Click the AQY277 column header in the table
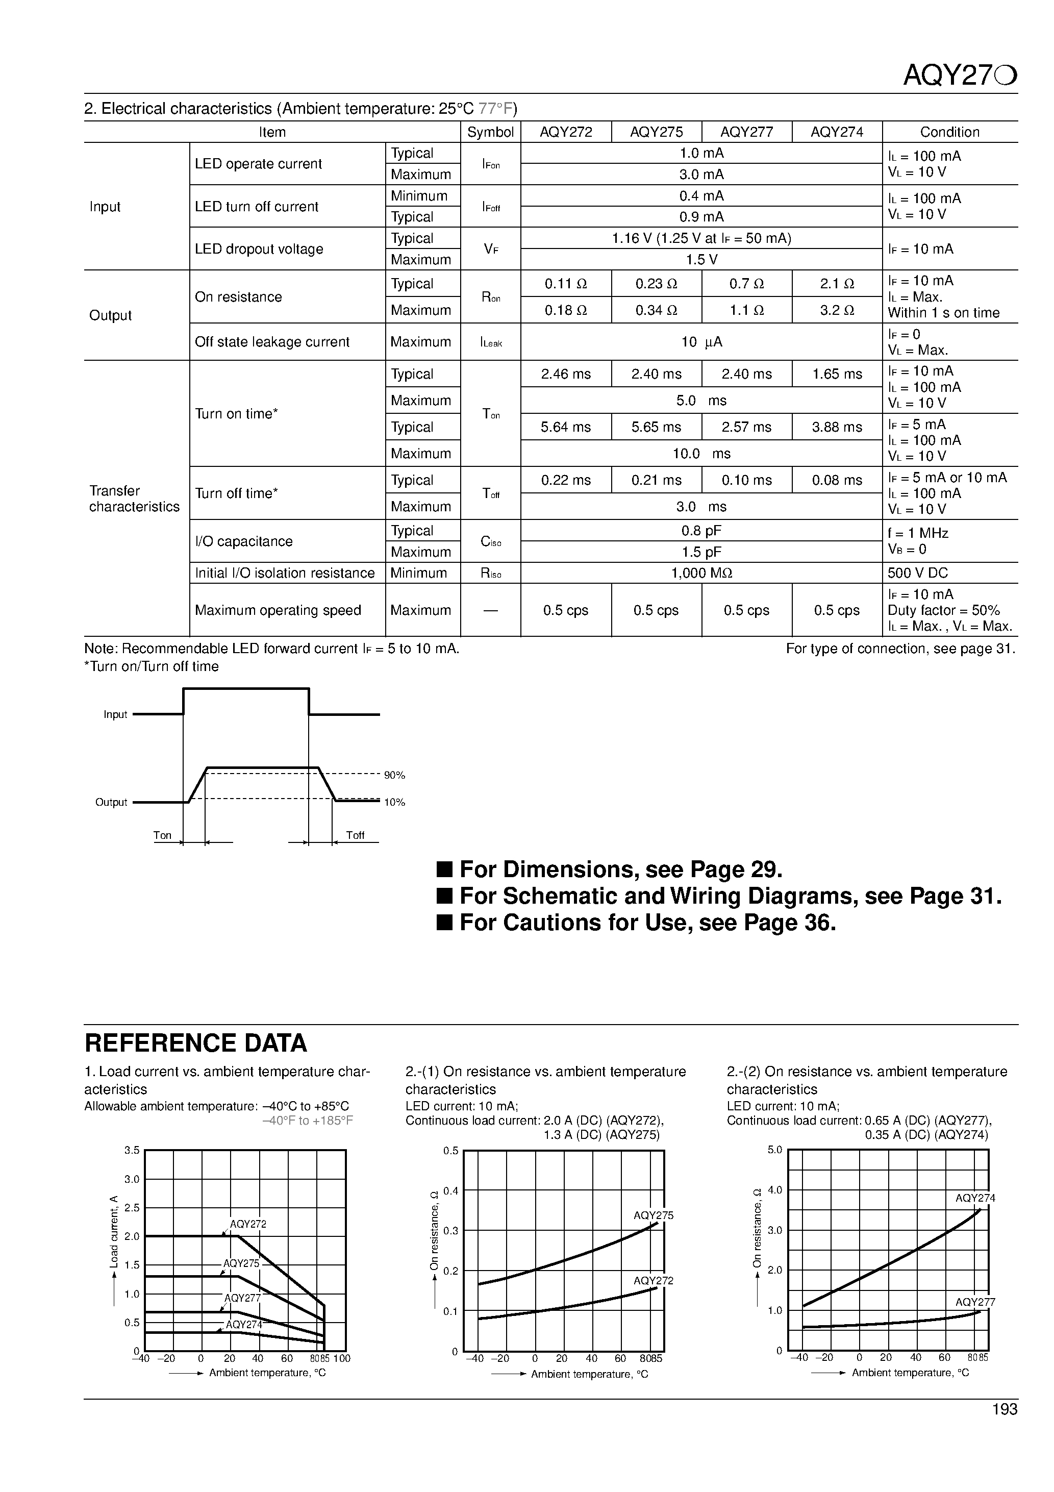pos(746,132)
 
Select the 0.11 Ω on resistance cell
pos(565,284)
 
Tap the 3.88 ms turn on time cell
pos(836,427)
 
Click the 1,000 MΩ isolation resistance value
pos(701,573)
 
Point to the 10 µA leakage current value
pos(701,342)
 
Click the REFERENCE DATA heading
pos(195,1043)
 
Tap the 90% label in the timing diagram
pos(394,775)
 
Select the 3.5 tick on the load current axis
pos(132,1150)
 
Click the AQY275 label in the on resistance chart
pos(653,1215)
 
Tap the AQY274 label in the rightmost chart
pos(975,1198)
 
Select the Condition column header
pos(949,132)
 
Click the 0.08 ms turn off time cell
pos(836,480)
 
